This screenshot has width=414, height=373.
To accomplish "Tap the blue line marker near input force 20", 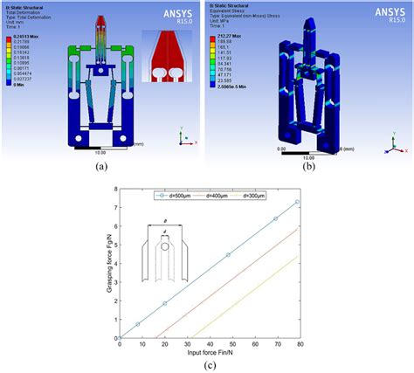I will point(164,303).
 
